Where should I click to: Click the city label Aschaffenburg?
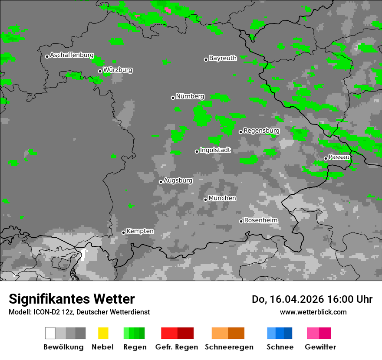[x=72, y=55]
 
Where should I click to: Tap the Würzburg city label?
[x=118, y=70]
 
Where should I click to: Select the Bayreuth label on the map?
[x=223, y=58]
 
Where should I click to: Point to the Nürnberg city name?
[x=190, y=96]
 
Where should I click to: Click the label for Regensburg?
[x=261, y=131]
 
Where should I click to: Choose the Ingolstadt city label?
[x=215, y=150]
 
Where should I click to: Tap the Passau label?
[x=339, y=157]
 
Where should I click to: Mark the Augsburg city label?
[x=178, y=180]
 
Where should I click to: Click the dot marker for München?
[x=206, y=200]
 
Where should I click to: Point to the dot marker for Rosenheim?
[x=241, y=221]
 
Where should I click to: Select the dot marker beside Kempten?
[x=124, y=232]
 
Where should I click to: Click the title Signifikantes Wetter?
[x=72, y=299]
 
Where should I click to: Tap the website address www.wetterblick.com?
[x=313, y=312]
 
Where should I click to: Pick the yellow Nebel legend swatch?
[x=103, y=333]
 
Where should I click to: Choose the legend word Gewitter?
[x=320, y=347]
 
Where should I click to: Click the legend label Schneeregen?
[x=229, y=347]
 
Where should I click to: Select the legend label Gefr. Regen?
[x=176, y=347]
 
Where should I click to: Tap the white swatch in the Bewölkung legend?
[x=50, y=333]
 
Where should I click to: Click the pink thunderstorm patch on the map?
[x=168, y=10]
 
